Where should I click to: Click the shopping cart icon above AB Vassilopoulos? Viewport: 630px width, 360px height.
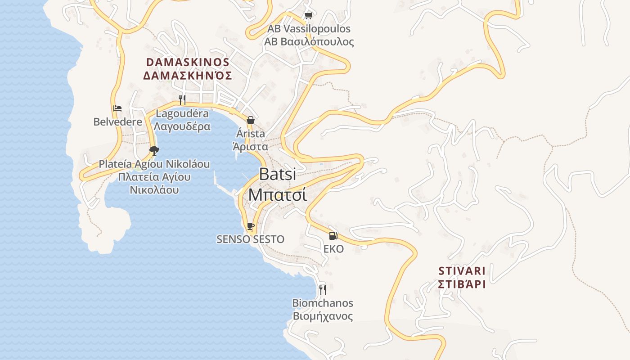(x=308, y=16)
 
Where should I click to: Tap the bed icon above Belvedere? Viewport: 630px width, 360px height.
(x=117, y=108)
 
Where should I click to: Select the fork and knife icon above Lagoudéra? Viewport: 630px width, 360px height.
(x=182, y=99)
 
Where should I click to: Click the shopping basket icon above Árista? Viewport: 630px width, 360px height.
(x=251, y=120)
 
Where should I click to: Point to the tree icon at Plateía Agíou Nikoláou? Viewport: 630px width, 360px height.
(x=154, y=150)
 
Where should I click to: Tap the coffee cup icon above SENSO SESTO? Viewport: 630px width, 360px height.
(x=250, y=226)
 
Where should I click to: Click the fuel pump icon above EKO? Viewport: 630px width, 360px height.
(x=333, y=235)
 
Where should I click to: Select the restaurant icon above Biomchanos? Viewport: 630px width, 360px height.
(x=322, y=289)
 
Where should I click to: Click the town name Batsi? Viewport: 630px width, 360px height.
(x=278, y=174)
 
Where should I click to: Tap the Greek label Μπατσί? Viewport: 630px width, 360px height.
(x=278, y=195)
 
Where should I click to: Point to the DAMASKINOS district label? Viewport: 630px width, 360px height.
(x=188, y=62)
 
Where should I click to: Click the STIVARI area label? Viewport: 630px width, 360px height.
(x=462, y=271)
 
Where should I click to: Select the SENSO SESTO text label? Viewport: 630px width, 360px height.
(x=250, y=239)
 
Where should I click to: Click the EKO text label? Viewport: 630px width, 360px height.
(x=333, y=249)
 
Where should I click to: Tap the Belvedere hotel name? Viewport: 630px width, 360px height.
(x=117, y=121)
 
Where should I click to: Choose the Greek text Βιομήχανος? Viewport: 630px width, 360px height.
(x=323, y=316)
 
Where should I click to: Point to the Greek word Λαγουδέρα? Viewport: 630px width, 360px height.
(x=182, y=126)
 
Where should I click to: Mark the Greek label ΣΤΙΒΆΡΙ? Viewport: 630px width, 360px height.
(x=462, y=284)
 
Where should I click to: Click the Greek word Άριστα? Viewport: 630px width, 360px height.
(x=250, y=147)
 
